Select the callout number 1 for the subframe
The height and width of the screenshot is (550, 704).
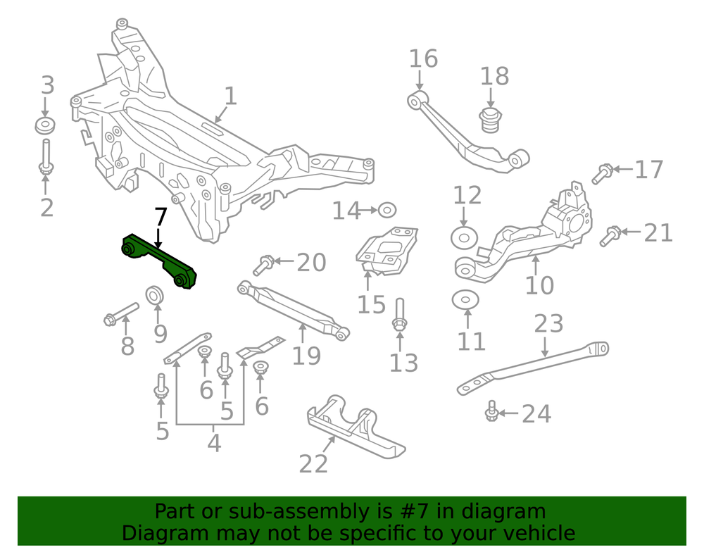230,96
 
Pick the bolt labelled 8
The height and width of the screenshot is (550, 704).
121,315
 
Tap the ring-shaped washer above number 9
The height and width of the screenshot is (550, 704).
156,294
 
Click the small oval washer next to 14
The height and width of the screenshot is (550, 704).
386,210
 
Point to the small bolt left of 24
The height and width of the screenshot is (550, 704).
492,413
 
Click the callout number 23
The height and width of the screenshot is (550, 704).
548,323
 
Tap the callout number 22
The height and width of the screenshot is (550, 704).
313,463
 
